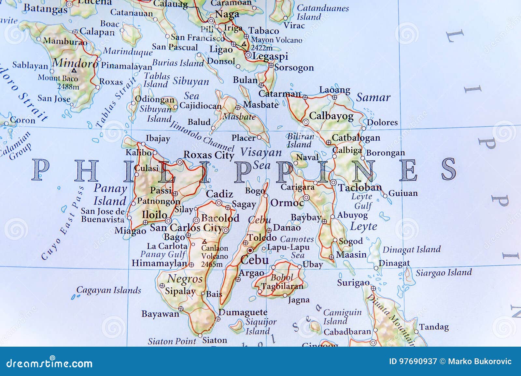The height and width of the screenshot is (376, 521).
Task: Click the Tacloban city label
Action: pos(359,188)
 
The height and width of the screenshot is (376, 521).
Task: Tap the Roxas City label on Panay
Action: pos(209,155)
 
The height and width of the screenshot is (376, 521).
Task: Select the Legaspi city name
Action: pos(270,56)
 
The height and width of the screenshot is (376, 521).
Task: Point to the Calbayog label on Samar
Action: pos(331,116)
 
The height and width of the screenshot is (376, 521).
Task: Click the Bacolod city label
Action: pos(220,218)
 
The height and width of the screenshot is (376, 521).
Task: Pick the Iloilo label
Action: pos(154,215)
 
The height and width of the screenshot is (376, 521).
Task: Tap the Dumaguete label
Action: pos(243,312)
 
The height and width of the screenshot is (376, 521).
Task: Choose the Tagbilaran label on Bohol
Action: pos(282,286)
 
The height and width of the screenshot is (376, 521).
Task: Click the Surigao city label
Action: pos(353,282)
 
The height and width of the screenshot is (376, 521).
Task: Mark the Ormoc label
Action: pos(287,203)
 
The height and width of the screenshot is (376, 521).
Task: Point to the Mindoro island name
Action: pos(75,63)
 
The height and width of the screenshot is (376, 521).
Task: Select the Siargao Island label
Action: pos(444,272)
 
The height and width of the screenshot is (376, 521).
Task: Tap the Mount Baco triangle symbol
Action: pos(74,70)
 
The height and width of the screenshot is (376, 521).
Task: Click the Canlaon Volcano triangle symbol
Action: pos(204,242)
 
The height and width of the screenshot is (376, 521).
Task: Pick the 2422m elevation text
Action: pos(262,48)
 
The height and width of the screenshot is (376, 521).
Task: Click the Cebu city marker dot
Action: pos(250,250)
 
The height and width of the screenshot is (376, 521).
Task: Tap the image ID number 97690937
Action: pos(413,361)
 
